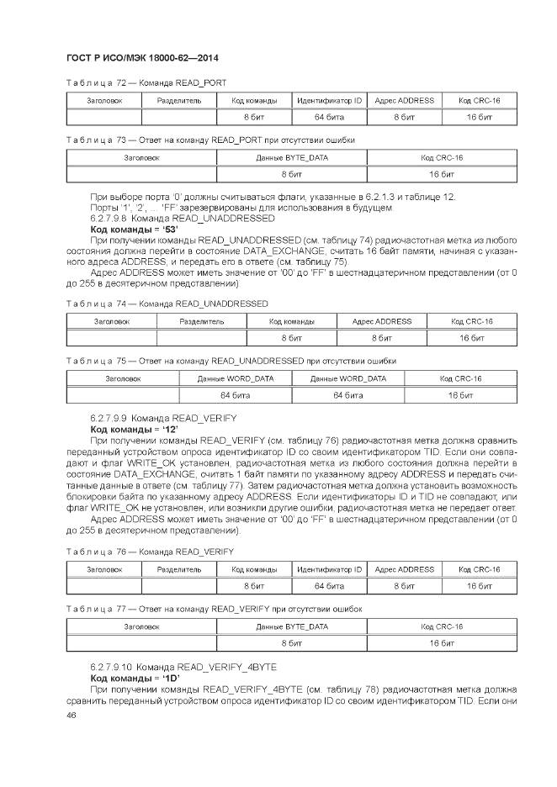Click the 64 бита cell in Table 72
329,117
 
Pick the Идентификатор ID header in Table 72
329,100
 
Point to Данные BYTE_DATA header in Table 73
291,157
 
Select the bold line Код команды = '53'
129,229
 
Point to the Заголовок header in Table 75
123,378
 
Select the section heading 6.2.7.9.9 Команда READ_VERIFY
163,417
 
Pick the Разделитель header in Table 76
179,569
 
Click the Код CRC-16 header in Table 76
480,569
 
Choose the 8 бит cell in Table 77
291,643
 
